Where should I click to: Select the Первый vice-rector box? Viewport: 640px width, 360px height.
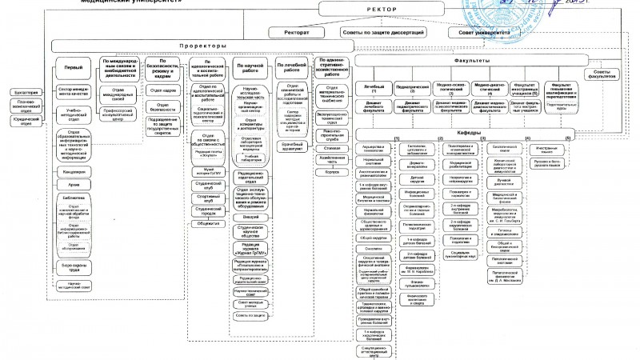click(x=74, y=68)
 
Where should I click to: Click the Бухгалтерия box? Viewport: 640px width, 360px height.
click(x=24, y=92)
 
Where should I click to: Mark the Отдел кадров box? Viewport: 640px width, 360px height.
click(x=163, y=90)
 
